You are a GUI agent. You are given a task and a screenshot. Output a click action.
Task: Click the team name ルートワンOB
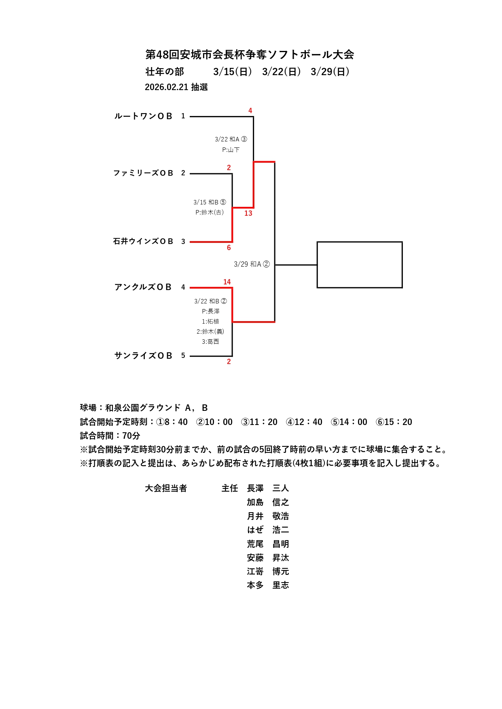pyautogui.click(x=143, y=116)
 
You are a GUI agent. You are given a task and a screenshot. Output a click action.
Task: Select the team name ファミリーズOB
pyautogui.click(x=143, y=173)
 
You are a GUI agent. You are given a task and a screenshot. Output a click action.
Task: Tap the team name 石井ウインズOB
pyautogui.click(x=143, y=242)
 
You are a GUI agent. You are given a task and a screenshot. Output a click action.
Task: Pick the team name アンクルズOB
pyautogui.click(x=143, y=287)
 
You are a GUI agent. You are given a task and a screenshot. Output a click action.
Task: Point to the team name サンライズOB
pyautogui.click(x=143, y=356)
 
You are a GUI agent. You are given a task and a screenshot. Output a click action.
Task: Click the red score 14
pyautogui.click(x=227, y=282)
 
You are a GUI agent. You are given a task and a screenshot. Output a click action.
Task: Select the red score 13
pyautogui.click(x=248, y=213)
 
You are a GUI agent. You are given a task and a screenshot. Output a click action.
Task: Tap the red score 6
pyautogui.click(x=229, y=248)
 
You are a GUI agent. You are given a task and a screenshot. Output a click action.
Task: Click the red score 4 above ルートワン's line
pyautogui.click(x=250, y=111)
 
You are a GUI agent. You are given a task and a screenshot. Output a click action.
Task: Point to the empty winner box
pyautogui.click(x=359, y=265)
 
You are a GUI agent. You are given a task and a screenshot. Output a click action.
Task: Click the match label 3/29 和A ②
pyautogui.click(x=251, y=264)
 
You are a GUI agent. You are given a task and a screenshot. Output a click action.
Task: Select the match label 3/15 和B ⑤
pyautogui.click(x=210, y=202)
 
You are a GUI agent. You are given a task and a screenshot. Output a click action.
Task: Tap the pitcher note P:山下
pyautogui.click(x=231, y=150)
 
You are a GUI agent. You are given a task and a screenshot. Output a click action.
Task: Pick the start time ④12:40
pyautogui.click(x=304, y=422)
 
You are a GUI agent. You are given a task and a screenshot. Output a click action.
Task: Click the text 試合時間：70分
pyautogui.click(x=110, y=436)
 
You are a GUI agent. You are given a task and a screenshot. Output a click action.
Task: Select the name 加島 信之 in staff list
pyautogui.click(x=268, y=502)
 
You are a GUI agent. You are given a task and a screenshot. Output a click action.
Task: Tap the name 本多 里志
pyautogui.click(x=268, y=585)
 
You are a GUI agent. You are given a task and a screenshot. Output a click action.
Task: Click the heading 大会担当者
pyautogui.click(x=166, y=488)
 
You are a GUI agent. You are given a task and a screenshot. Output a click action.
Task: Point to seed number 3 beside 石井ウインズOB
pyautogui.click(x=183, y=242)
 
